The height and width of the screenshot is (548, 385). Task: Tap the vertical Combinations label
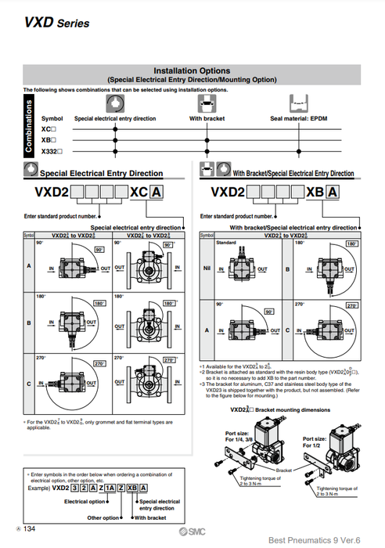tap(30, 130)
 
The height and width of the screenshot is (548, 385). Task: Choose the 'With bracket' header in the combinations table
tap(207, 118)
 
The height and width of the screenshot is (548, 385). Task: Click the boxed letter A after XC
tap(157, 193)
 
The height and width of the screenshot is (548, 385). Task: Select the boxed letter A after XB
tap(333, 193)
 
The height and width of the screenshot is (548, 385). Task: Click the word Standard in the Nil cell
tap(225, 243)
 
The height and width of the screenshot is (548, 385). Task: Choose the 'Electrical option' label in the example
tap(85, 501)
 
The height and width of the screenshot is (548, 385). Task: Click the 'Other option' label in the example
tap(103, 517)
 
